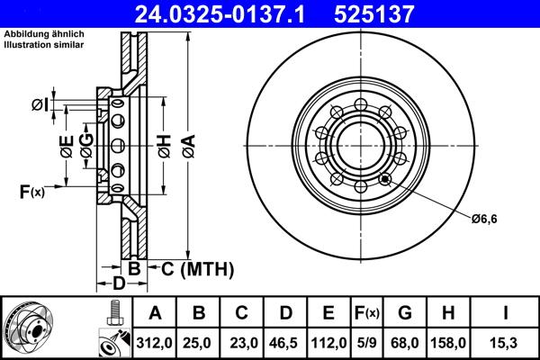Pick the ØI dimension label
click(x=39, y=104)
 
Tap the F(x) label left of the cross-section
click(x=31, y=191)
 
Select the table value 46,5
click(x=285, y=342)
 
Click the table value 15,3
click(x=506, y=342)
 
